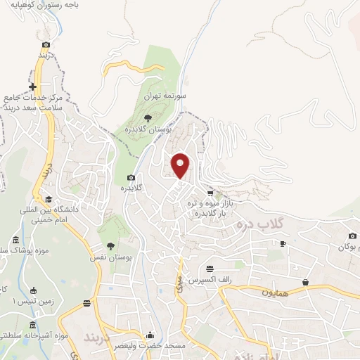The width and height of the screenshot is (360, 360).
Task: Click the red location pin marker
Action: pos(181,166)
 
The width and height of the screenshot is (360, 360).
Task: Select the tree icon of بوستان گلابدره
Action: pos(148,118)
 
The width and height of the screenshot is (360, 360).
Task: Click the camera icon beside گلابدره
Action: pos(130,177)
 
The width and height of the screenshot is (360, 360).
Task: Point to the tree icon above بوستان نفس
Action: pos(110,245)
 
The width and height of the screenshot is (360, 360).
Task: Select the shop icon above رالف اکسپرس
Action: pos(210,268)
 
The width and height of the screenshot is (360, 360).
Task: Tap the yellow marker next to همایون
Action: pos(307,282)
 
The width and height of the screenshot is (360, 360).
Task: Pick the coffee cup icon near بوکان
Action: pos(283,243)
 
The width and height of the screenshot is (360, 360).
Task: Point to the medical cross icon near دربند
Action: pos(32,86)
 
